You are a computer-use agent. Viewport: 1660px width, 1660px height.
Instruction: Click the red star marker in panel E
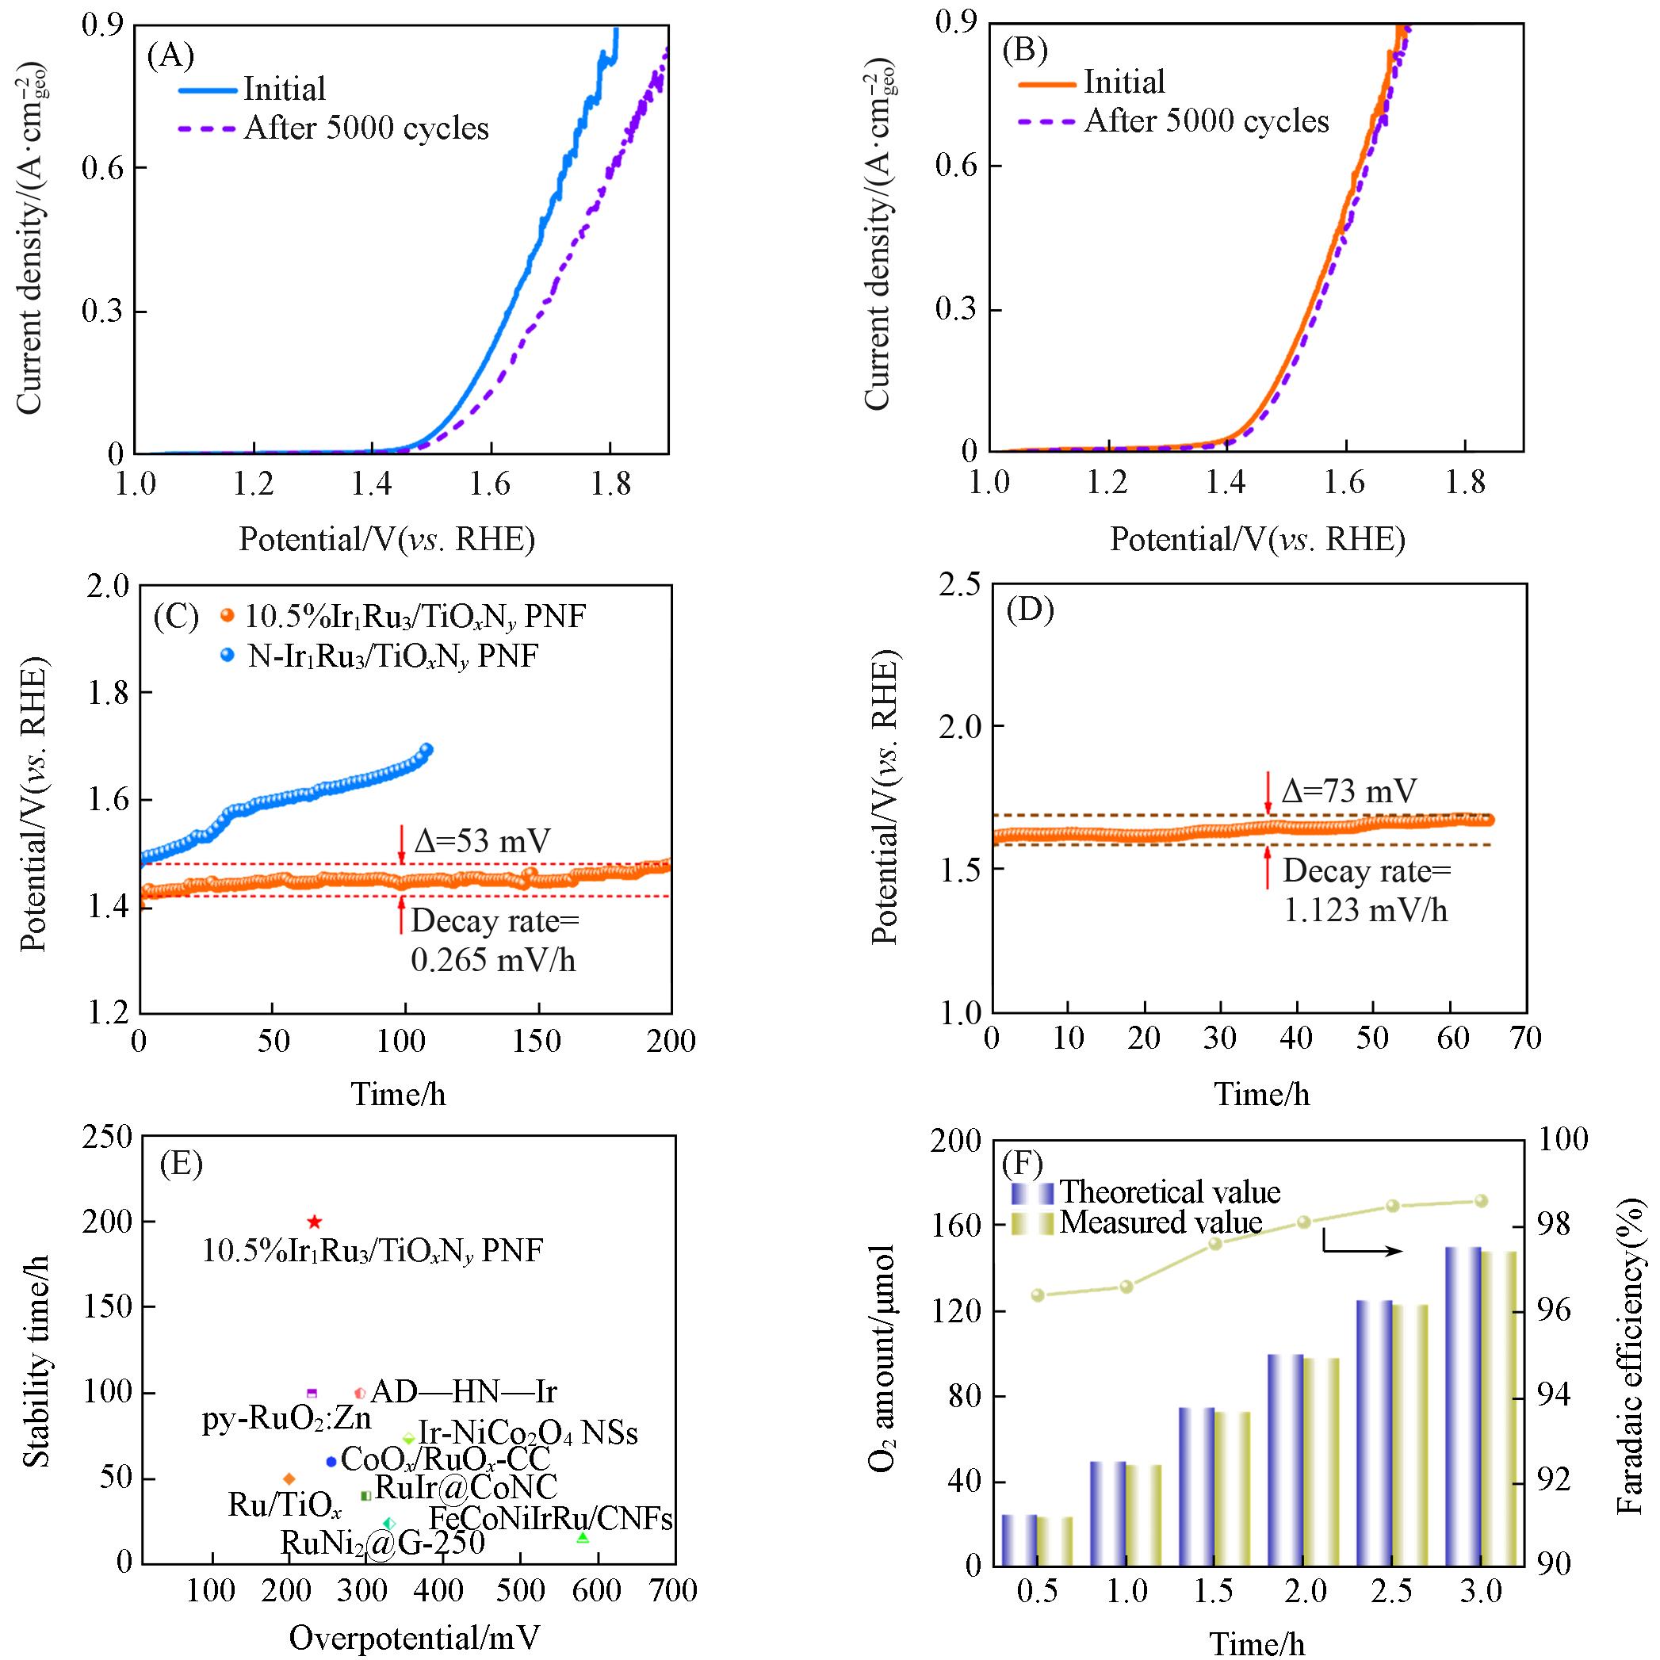(315, 1222)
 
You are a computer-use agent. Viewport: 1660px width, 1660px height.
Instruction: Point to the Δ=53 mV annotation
(481, 840)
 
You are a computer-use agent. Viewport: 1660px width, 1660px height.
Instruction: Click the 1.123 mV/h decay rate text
(1365, 910)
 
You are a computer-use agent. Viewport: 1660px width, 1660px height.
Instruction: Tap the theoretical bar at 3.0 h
(1463, 1406)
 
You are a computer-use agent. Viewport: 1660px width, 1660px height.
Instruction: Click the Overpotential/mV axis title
(414, 1638)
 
